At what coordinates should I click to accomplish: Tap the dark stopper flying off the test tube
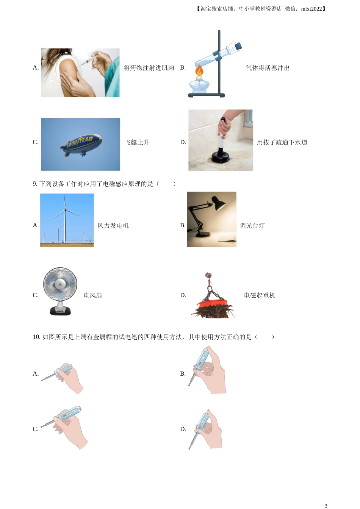[238, 46]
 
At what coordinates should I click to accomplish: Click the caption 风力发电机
[113, 226]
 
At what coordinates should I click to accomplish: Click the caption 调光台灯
[252, 226]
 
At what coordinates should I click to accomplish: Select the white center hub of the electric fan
[60, 284]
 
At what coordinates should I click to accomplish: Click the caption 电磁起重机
[260, 295]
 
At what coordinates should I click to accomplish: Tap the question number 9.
[35, 184]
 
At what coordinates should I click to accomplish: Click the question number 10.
[36, 337]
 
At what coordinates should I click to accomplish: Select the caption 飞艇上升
[137, 142]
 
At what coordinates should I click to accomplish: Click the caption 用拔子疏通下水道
[282, 142]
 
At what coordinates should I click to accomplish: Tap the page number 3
[326, 506]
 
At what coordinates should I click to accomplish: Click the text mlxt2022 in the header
[311, 9]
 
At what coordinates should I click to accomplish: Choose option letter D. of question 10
[183, 429]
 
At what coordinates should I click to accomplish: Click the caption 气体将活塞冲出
[268, 68]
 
